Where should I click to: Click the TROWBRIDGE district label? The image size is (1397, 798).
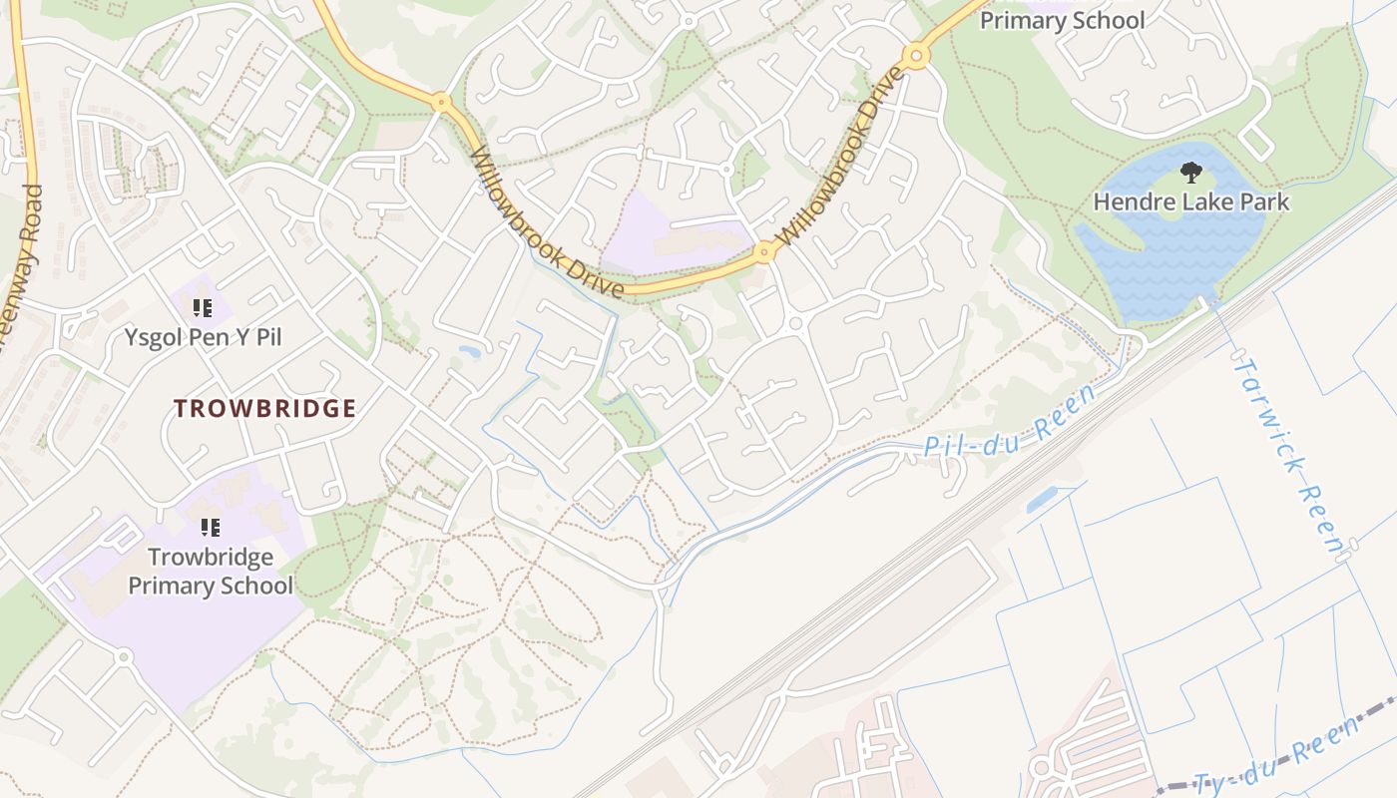(x=264, y=408)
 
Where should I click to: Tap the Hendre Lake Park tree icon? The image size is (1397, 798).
(x=1190, y=174)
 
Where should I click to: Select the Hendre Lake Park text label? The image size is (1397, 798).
(x=1190, y=201)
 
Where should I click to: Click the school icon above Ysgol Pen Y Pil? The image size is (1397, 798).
(x=203, y=308)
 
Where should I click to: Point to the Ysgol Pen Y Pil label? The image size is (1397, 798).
(x=203, y=337)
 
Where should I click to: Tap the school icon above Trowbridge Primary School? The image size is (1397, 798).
(x=210, y=527)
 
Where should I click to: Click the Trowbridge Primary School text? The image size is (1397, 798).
(x=211, y=571)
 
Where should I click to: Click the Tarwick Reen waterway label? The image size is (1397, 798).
(x=1287, y=454)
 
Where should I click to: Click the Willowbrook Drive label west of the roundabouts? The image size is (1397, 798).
(x=546, y=222)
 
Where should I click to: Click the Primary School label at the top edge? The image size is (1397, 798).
(x=1062, y=20)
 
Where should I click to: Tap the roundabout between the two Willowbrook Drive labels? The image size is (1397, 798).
(x=765, y=251)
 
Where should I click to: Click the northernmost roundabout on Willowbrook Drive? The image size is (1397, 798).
(x=916, y=56)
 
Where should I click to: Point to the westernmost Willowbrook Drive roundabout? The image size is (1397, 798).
(x=441, y=101)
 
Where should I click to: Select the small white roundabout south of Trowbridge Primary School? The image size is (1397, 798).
(x=124, y=657)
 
